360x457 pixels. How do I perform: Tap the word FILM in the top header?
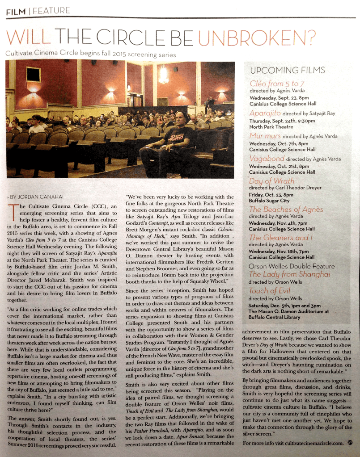15,11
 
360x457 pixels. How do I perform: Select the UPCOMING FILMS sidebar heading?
288,71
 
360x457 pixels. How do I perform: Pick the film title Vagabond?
267,158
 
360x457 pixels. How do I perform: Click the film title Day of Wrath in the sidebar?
272,181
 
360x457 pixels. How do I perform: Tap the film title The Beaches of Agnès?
286,209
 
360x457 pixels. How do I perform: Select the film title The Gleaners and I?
282,238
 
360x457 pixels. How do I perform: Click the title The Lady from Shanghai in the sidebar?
289,274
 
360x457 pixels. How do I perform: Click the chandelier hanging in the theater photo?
164,74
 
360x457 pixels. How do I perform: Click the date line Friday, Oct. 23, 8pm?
271,195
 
